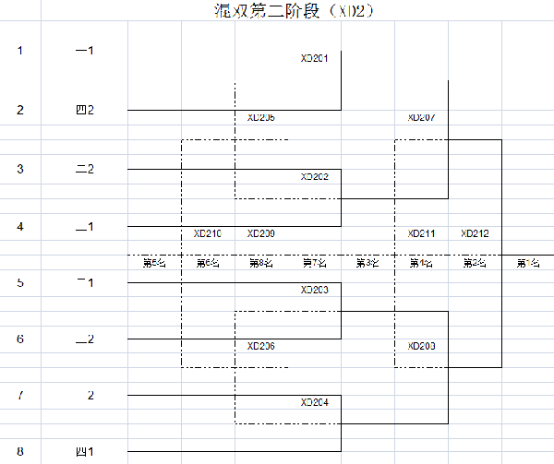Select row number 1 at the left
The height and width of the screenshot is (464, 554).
tap(20, 50)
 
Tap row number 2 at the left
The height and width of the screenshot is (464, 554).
tap(20, 110)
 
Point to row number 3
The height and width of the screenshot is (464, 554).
tap(20, 169)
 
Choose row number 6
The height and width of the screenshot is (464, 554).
tap(20, 339)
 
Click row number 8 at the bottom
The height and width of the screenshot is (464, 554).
tap(20, 452)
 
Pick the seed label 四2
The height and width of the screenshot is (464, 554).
tap(85, 110)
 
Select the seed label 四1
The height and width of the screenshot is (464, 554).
tap(85, 452)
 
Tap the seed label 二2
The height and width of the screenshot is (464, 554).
tap(85, 169)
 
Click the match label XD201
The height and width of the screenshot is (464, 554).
tap(315, 58)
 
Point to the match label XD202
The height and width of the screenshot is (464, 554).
tap(315, 176)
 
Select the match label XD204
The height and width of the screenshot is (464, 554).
tap(315, 402)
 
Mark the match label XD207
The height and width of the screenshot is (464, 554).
tap(421, 117)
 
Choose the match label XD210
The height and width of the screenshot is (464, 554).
tap(208, 233)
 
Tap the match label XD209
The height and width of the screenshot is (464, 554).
tap(261, 233)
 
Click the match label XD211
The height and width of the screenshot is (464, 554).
tap(421, 233)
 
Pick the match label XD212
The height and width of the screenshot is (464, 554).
tap(475, 233)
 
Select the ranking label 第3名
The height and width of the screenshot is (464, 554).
tap(367, 264)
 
